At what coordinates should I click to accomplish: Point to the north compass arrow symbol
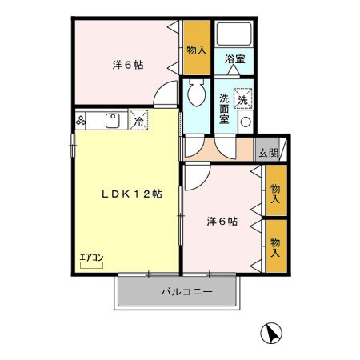tap(273, 331)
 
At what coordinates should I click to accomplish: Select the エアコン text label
tap(90, 258)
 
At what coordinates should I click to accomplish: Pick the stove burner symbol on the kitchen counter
tap(82, 122)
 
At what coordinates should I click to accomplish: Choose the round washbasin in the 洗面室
tap(244, 122)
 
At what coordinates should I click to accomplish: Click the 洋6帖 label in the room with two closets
tap(220, 222)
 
